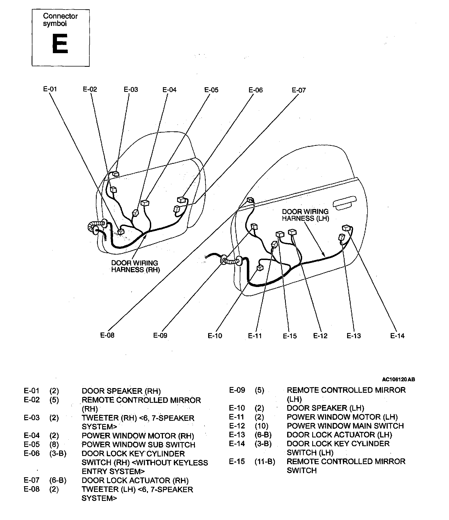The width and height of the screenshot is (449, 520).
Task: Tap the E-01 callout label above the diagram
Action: point(50,89)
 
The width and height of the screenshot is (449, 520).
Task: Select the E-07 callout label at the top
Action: point(299,90)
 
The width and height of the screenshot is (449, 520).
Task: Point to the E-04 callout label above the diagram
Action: point(169,90)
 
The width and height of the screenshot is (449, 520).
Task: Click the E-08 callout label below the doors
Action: point(107,335)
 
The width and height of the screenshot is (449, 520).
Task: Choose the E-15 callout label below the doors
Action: point(290,336)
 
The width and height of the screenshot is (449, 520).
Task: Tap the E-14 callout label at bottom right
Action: point(398,336)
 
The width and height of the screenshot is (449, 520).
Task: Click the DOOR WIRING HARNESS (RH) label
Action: point(135,266)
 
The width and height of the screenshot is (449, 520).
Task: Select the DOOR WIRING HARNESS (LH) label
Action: point(305,215)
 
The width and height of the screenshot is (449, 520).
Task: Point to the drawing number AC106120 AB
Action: point(398,379)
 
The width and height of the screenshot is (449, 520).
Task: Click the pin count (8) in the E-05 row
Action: point(54,445)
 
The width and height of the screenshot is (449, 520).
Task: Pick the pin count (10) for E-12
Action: point(262,426)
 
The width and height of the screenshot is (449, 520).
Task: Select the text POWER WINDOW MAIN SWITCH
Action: point(345,426)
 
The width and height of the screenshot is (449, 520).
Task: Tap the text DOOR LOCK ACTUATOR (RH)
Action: point(135,480)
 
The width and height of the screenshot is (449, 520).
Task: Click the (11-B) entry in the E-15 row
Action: point(265,461)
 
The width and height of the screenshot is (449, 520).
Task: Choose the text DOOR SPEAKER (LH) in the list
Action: point(325,408)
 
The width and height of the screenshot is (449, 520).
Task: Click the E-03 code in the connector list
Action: point(32,418)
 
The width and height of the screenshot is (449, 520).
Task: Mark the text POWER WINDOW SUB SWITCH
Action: point(138,445)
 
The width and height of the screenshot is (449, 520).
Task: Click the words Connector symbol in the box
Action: point(60,20)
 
